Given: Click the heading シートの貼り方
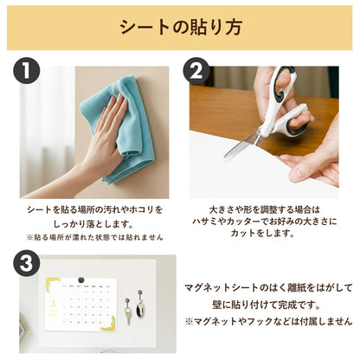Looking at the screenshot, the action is click(x=181, y=28).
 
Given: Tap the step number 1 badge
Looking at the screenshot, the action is click(x=26, y=70).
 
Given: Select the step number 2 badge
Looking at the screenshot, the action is click(x=196, y=70).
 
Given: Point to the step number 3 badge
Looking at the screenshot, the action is click(x=26, y=263).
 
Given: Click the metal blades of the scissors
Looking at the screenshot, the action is click(x=242, y=144).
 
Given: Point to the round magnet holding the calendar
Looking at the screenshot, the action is click(x=81, y=280).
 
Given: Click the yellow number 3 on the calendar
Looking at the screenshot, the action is click(x=53, y=304).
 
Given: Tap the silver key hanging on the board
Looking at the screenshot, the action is click(x=128, y=311).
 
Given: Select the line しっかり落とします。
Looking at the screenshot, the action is click(x=94, y=223).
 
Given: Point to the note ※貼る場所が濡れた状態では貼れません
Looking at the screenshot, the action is click(x=94, y=237).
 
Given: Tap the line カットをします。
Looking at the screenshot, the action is click(x=262, y=233).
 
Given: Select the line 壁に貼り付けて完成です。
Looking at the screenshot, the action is click(x=267, y=305).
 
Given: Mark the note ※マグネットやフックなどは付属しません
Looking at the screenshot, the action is click(x=269, y=321).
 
